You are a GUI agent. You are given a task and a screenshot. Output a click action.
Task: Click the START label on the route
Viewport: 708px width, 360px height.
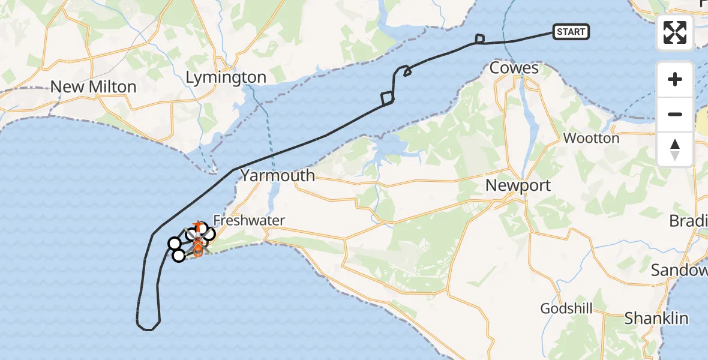click(571, 32)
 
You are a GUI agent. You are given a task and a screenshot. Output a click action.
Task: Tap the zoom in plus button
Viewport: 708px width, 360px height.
click(675, 79)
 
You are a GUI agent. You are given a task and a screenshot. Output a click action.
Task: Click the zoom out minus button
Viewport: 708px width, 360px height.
click(675, 114)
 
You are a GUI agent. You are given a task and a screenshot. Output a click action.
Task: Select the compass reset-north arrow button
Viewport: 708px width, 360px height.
click(675, 149)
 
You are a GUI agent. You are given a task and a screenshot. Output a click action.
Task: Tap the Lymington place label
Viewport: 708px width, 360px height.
click(226, 77)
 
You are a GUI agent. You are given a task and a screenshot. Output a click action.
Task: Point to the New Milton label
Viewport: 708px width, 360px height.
click(93, 87)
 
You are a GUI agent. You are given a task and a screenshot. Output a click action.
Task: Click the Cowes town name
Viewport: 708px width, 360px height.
click(514, 68)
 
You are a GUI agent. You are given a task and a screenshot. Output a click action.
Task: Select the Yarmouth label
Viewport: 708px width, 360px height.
click(278, 175)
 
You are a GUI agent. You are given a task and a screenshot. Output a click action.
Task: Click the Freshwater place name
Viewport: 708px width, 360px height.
click(249, 221)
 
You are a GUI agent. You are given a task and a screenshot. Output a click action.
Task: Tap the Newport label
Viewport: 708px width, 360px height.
click(518, 185)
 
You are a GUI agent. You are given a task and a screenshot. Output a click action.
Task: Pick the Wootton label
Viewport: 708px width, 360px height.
click(591, 139)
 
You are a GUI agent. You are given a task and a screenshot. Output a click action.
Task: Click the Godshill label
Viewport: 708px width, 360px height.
click(566, 308)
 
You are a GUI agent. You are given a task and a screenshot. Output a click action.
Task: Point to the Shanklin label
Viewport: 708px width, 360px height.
click(656, 318)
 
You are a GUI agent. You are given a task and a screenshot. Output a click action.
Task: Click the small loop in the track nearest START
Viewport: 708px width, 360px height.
click(479, 40)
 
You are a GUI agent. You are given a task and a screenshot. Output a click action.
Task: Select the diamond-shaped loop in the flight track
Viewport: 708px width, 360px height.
click(387, 97)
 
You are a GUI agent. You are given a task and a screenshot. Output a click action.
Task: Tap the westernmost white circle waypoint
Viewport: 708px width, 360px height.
click(174, 243)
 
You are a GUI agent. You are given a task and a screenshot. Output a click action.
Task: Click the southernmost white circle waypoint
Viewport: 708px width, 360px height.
click(178, 256)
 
